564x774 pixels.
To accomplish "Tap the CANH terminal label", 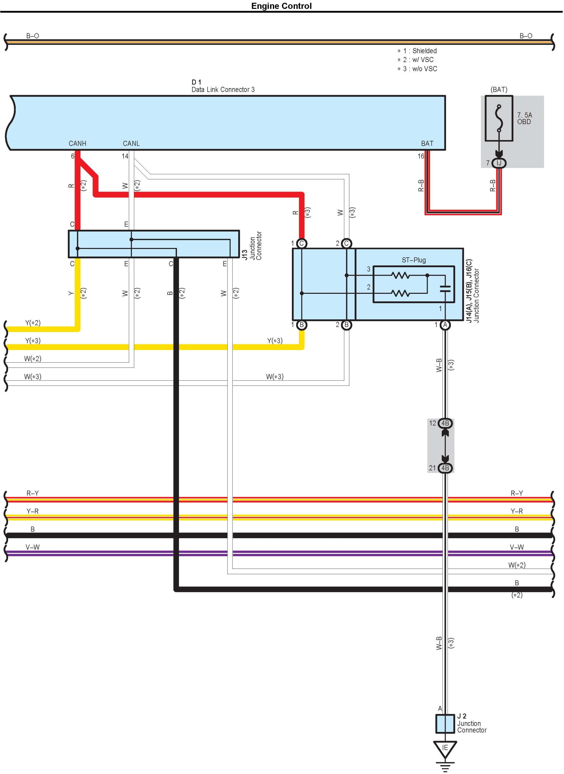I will (77, 143).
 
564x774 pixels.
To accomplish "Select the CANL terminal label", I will (131, 143).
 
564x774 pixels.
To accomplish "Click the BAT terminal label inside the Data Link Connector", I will (427, 143).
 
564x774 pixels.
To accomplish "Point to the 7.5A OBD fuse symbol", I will (499, 118).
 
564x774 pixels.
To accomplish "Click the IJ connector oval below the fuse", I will (499, 163).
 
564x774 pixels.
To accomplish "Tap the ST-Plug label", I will (414, 260).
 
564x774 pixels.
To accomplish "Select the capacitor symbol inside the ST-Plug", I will (445, 289).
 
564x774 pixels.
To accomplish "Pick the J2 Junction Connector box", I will (445, 723).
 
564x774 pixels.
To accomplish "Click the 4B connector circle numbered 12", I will (445, 423).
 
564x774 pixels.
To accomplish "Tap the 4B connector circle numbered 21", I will (445, 468).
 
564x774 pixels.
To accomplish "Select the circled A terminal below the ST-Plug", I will (445, 325).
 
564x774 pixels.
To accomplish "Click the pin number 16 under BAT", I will (421, 156).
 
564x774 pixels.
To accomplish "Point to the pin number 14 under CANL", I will (125, 156).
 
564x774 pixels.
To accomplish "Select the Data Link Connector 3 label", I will (223, 90).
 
